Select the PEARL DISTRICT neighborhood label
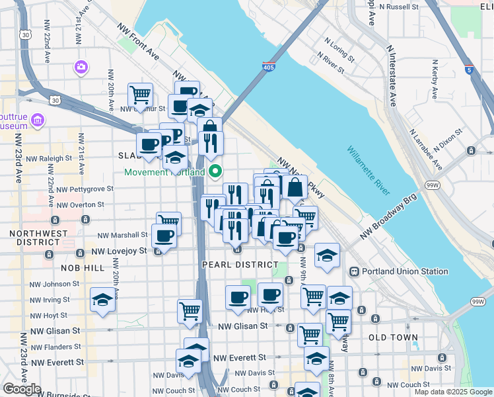click(x=240, y=265)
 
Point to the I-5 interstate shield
click(x=468, y=68)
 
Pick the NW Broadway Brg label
click(x=389, y=218)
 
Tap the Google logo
click(x=22, y=389)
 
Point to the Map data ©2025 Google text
click(x=453, y=392)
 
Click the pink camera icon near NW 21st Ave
click(x=81, y=66)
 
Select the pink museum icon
click(x=37, y=120)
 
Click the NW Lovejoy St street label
click(x=119, y=251)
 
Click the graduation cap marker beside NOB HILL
click(x=102, y=300)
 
